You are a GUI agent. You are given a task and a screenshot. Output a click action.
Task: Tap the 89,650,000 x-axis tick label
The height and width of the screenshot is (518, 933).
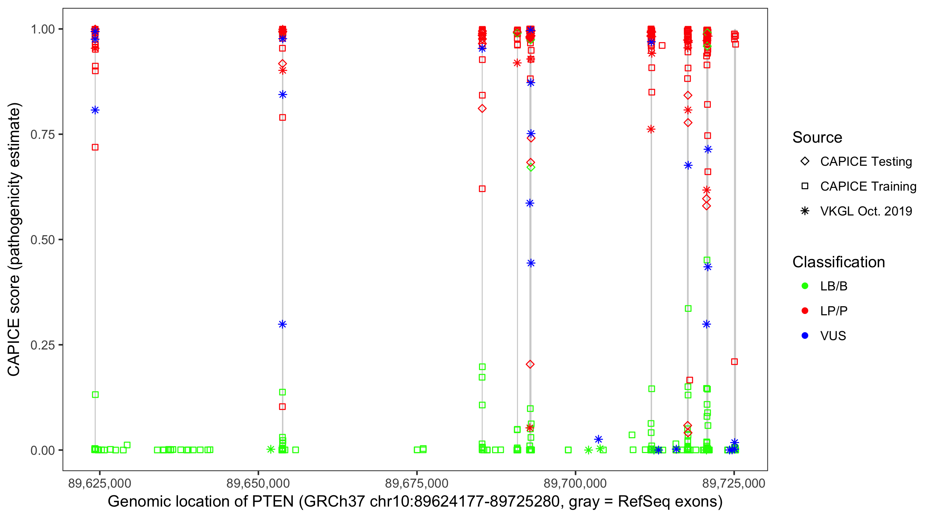point(258,483)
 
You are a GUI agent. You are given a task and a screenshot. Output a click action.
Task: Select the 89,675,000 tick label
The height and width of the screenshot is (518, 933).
point(416,483)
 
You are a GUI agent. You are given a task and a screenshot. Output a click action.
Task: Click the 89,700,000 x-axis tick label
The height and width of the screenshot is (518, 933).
point(575,483)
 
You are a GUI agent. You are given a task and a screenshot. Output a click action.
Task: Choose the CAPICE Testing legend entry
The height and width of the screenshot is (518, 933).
point(866,162)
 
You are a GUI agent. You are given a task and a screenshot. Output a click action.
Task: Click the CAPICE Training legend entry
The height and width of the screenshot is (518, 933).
point(868,186)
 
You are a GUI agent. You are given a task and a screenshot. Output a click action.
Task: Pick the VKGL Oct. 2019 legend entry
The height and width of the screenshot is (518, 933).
point(866,211)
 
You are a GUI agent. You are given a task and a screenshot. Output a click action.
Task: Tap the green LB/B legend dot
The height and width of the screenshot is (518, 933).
point(805,286)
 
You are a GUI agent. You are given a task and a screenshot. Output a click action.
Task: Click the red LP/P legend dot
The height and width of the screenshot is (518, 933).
point(805,311)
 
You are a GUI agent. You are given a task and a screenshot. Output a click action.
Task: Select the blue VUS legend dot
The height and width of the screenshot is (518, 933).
point(805,336)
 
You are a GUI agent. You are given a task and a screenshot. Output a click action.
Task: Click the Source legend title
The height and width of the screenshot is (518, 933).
point(817,137)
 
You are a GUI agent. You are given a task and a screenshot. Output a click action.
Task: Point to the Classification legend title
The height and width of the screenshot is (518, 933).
point(838,262)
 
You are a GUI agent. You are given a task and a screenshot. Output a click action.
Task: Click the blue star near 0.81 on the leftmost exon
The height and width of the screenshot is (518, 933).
point(95,110)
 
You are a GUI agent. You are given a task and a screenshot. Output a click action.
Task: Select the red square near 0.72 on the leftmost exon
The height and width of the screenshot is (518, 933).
point(95,147)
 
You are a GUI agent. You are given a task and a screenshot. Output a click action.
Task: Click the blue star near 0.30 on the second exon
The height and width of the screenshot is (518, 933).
point(283,324)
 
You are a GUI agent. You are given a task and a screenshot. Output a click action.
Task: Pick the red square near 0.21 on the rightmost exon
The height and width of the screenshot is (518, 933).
point(735,362)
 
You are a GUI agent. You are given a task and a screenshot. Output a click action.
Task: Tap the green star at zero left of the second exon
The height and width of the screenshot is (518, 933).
point(271,450)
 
